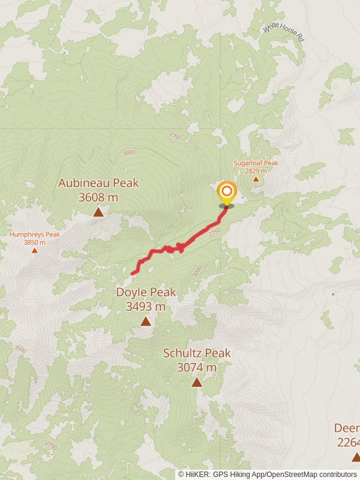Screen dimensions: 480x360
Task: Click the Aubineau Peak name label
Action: coord(98,183)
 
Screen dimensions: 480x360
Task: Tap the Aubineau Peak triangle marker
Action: coord(98,212)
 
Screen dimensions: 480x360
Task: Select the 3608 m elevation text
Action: coord(98,197)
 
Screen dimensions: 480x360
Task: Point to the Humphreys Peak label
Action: coord(34,235)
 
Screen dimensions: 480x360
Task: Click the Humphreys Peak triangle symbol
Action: coord(34,250)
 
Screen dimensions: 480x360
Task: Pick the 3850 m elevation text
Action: coord(34,242)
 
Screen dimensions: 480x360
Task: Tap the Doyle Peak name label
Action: coord(146,292)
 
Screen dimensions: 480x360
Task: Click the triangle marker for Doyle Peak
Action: coord(146,322)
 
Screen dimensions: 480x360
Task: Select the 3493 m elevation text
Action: coord(146,306)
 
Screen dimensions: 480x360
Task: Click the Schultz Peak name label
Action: coord(197,353)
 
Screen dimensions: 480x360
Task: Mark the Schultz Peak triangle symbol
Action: coord(197,382)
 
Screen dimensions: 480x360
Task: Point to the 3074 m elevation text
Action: coord(197,367)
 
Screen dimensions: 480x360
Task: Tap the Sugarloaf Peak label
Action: coord(256,163)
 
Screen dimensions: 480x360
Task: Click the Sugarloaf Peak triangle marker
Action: coord(256,179)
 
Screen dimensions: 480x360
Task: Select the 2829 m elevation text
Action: coord(256,171)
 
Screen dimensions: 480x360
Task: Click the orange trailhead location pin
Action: coord(226,194)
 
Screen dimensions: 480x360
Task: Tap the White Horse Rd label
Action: coord(284,32)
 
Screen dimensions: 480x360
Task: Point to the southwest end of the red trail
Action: coord(133,274)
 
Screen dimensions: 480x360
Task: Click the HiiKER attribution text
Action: coord(267,474)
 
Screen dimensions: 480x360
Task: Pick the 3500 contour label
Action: coord(20,349)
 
